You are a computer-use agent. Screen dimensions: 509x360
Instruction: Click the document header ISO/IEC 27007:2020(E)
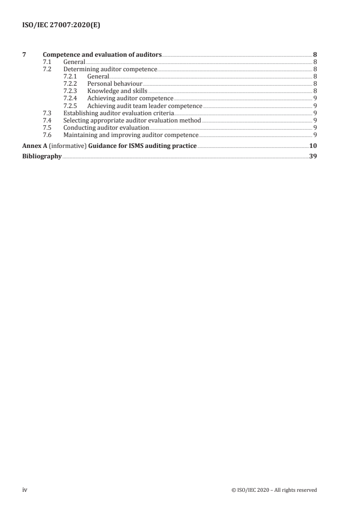(61, 26)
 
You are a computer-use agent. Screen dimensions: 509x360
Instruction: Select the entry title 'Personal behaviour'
(115, 84)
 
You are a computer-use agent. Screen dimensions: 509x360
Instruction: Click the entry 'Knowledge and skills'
(117, 91)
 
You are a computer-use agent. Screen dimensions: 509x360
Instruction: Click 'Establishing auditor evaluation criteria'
(118, 113)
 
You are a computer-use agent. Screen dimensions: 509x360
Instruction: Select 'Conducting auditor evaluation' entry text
(106, 127)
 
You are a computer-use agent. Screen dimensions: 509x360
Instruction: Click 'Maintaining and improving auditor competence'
(131, 135)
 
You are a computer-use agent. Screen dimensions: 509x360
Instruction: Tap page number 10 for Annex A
(313, 146)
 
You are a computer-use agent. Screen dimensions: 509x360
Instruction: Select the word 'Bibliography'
(42, 157)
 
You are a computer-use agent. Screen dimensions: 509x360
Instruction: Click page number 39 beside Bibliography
(313, 157)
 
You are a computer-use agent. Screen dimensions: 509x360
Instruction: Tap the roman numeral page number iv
(25, 489)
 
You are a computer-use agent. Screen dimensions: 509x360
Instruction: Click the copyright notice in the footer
(274, 490)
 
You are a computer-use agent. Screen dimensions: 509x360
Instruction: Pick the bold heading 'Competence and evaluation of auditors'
(102, 54)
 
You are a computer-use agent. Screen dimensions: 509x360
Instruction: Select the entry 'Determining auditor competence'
(110, 69)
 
